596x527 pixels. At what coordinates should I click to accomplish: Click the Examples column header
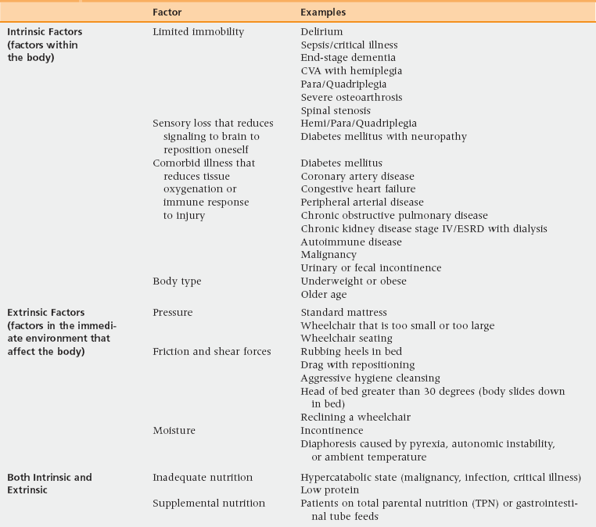(x=323, y=13)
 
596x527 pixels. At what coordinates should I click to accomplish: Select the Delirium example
(x=321, y=32)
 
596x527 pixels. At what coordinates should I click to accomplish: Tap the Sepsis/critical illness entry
(x=349, y=45)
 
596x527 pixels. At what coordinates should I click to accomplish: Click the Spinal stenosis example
(x=336, y=111)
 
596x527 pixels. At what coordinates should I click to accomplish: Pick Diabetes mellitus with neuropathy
(x=372, y=137)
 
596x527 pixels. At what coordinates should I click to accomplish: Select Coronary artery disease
(x=357, y=176)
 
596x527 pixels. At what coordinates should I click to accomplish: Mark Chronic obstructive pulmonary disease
(x=394, y=215)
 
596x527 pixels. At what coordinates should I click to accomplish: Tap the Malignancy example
(x=329, y=255)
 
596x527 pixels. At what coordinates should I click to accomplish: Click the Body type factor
(x=178, y=281)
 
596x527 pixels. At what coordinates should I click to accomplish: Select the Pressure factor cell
(x=173, y=313)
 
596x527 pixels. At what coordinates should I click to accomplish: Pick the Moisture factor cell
(x=174, y=431)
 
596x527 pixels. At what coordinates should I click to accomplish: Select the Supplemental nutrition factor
(x=209, y=503)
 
